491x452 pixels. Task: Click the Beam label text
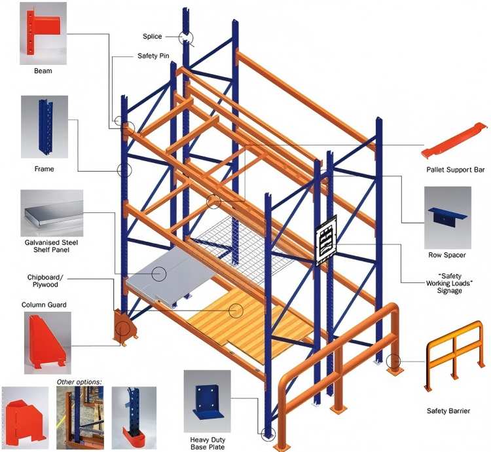(x=43, y=70)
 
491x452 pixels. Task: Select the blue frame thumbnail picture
(x=44, y=128)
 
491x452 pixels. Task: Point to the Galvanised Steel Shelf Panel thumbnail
(x=52, y=214)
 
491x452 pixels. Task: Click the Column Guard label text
(x=44, y=305)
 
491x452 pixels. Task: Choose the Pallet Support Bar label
(x=455, y=170)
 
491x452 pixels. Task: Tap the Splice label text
(x=152, y=36)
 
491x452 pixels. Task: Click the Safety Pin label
(x=153, y=56)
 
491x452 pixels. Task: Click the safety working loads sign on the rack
(x=325, y=242)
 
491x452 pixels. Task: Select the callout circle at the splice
(x=187, y=37)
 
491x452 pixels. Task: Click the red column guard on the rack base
(x=123, y=328)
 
